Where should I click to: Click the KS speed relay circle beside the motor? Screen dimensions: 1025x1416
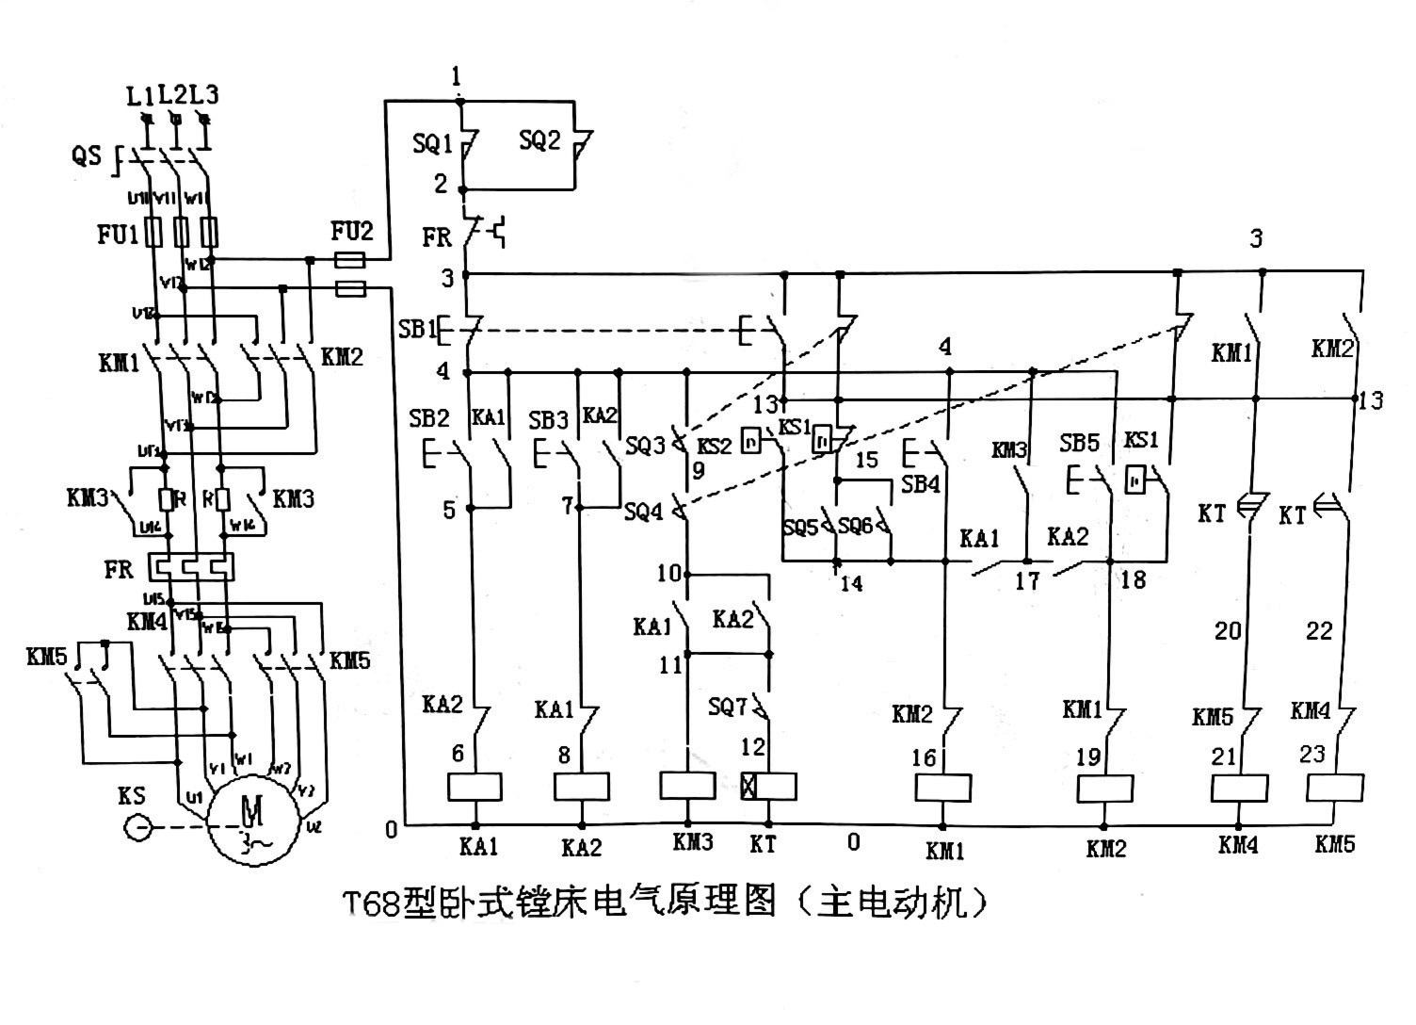[137, 828]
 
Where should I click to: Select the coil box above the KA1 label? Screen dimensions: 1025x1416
[473, 787]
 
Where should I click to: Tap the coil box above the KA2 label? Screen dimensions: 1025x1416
[581, 787]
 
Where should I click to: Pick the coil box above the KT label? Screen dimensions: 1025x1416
[769, 787]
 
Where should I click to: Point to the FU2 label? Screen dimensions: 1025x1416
[352, 231]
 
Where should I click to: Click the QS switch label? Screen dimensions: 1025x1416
[86, 155]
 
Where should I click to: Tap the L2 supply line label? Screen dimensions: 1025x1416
[172, 95]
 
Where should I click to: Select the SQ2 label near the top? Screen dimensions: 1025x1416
[539, 141]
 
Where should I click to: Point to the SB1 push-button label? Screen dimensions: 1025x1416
[417, 330]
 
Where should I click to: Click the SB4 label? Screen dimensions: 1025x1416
[921, 484]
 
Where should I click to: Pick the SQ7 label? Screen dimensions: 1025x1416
[728, 706]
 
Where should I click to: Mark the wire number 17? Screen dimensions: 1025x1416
[1026, 580]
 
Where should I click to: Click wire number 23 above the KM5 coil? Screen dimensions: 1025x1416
[1311, 754]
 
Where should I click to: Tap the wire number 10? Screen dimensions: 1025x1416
[668, 573]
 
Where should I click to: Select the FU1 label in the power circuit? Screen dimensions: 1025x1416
[118, 234]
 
